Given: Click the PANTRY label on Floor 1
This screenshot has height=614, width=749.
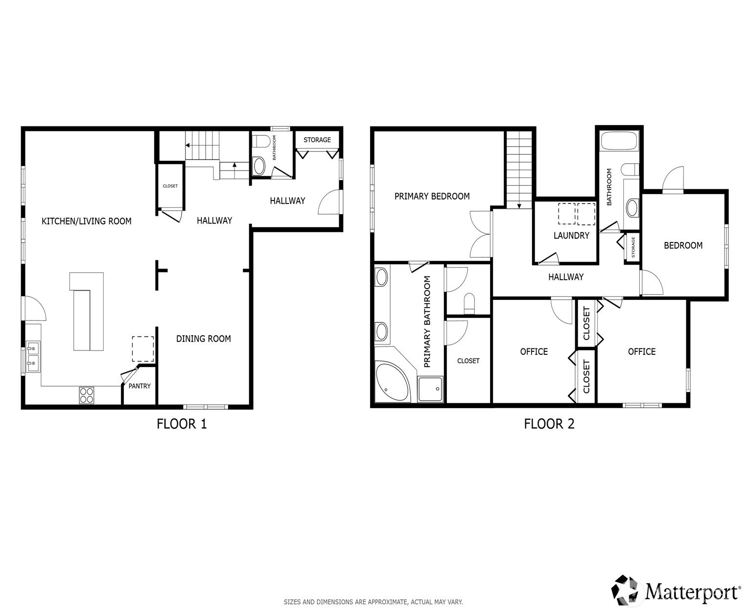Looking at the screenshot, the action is tap(139, 386).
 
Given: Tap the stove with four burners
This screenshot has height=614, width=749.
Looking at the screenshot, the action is tap(86, 395).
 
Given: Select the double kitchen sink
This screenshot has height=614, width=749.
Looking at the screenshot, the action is tap(33, 357).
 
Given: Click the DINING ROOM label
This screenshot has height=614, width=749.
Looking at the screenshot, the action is tap(203, 339).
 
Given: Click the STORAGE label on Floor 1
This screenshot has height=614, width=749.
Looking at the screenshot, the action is tap(317, 140).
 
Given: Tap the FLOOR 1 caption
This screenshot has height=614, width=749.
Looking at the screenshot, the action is tap(182, 424).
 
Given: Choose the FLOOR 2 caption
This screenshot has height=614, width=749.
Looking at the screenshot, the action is tap(549, 424).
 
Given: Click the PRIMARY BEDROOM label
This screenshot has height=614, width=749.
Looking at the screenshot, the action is tap(432, 196).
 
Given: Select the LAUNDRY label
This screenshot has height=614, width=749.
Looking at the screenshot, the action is tap(571, 235).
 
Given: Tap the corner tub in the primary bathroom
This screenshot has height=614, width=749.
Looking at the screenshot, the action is tap(392, 381).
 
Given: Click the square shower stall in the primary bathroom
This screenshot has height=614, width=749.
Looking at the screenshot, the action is tap(430, 389).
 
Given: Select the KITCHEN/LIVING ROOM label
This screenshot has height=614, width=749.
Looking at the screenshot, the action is tap(86, 221).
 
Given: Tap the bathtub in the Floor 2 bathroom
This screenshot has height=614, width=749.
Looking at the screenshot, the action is tap(618, 141).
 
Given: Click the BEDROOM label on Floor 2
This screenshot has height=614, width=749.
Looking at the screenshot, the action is tap(683, 246).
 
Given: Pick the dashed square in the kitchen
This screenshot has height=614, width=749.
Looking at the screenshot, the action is tap(143, 349).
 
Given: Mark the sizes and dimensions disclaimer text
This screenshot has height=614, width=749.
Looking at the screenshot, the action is tap(373, 602).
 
